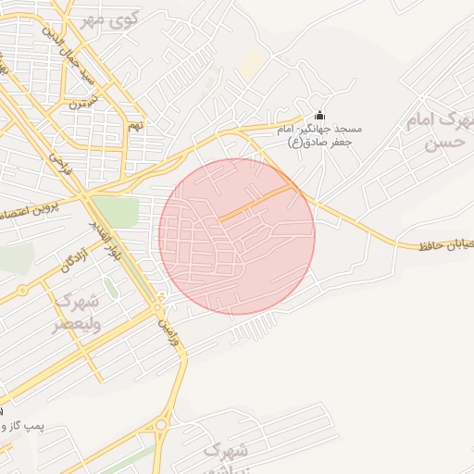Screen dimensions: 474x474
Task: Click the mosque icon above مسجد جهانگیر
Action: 320,115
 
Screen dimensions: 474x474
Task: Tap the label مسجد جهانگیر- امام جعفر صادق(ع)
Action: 320,135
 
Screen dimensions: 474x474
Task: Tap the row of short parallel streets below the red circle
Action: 254,325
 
